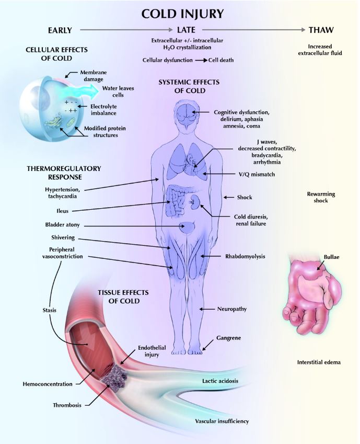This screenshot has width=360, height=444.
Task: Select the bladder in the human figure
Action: pos(187,227)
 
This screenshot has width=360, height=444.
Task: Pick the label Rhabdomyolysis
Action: pos(245,257)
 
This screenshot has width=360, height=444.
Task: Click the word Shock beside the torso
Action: pos(245,197)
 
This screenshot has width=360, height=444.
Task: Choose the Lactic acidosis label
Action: pos(220,381)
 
